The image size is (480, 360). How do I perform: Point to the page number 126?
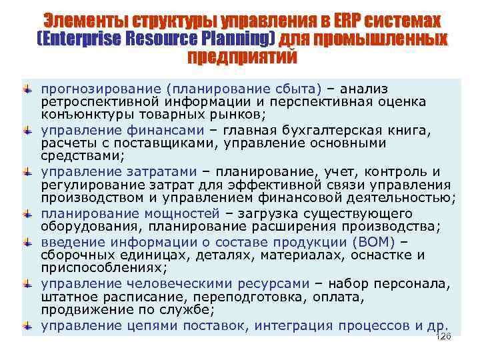tap(443, 337)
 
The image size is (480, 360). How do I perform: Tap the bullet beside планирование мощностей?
tap(27, 214)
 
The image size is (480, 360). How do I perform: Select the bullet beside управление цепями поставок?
tap(27, 325)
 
